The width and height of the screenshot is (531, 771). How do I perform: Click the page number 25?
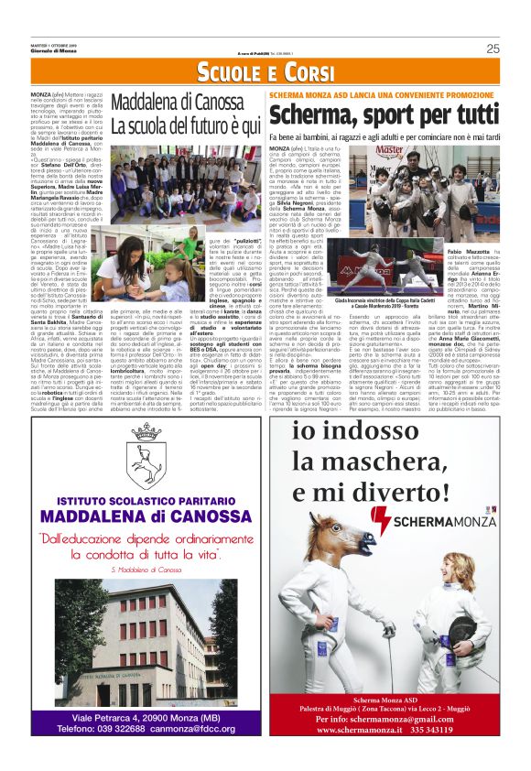click(x=493, y=49)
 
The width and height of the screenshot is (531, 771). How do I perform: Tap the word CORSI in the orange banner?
click(x=301, y=73)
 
